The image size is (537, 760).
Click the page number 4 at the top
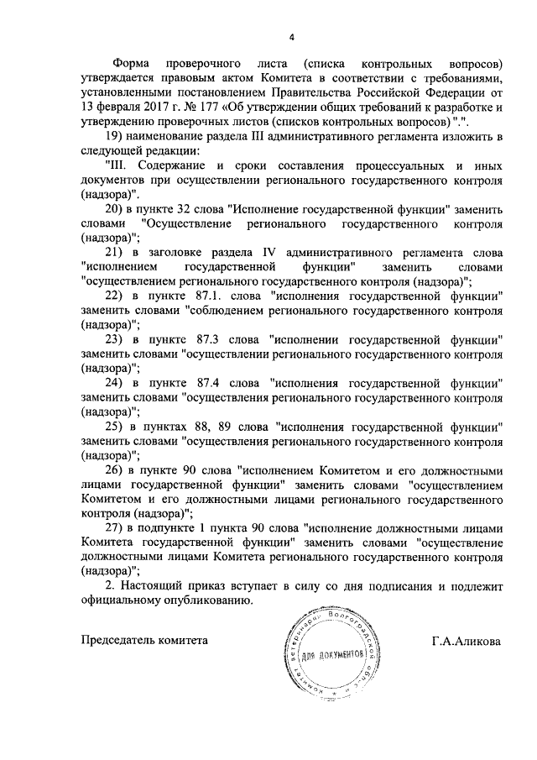292,36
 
